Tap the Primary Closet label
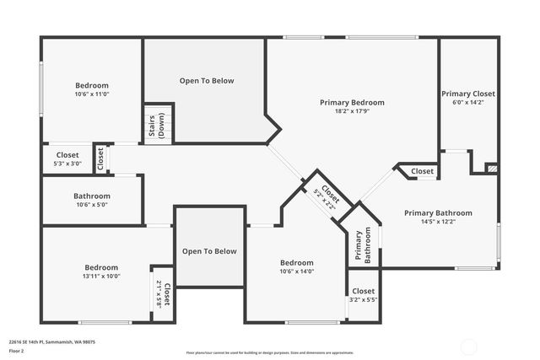468,94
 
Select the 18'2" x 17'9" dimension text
352,111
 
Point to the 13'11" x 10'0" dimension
101,276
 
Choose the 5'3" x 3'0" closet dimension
67,164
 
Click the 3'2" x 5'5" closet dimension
363,299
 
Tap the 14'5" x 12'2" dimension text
438,222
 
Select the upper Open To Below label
207,81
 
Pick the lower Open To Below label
210,251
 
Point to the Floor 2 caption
17,350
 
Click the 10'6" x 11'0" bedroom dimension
92,94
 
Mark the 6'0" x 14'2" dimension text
468,103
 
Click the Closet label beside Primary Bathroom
422,171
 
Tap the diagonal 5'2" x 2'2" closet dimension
321,196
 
